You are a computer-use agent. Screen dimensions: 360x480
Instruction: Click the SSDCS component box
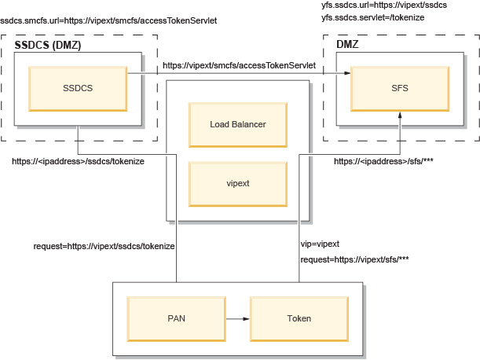click(x=78, y=87)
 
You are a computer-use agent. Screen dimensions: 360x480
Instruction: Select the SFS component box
click(x=401, y=87)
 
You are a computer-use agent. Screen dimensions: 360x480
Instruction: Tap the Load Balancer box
click(x=237, y=124)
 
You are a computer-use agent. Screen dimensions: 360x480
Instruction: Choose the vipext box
click(x=237, y=182)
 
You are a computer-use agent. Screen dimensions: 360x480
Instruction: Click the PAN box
click(x=176, y=318)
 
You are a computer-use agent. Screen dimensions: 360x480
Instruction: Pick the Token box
click(x=299, y=318)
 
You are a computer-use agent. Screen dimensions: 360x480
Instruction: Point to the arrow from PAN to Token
click(x=237, y=318)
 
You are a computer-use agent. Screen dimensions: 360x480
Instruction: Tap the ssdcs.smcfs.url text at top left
click(x=108, y=19)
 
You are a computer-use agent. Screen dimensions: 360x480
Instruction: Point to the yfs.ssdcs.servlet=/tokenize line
click(x=373, y=18)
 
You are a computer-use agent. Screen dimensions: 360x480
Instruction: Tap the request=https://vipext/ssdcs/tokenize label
click(x=104, y=245)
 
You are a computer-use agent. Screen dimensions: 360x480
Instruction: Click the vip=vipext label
click(x=320, y=244)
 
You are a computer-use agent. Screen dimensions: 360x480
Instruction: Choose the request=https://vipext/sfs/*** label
click(x=354, y=259)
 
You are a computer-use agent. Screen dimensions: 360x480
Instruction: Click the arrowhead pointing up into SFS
click(x=401, y=115)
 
